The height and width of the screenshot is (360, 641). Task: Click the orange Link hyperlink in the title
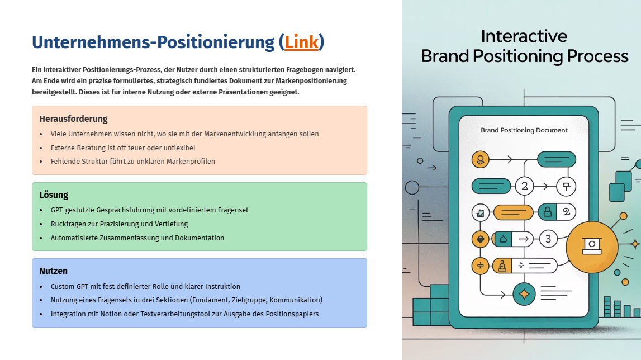coord(301,42)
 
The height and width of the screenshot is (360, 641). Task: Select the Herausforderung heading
coord(74,119)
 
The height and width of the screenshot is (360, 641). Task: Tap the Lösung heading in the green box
coord(54,195)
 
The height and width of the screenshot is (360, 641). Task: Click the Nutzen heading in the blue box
coord(54,271)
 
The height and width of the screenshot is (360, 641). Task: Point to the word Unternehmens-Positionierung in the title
coord(153,42)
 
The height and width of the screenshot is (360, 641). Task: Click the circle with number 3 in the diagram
coord(548,239)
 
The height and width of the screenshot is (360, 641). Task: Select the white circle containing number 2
coord(525,187)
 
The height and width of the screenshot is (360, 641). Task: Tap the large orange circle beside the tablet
coord(591,247)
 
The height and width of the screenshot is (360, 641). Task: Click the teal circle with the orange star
coord(524,293)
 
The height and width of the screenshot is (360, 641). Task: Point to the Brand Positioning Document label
coord(524,130)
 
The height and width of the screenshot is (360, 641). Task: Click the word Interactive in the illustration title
coord(524,36)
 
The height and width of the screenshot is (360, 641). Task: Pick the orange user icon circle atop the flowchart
coord(481,159)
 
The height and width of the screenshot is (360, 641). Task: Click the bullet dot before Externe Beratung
coord(41,148)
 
